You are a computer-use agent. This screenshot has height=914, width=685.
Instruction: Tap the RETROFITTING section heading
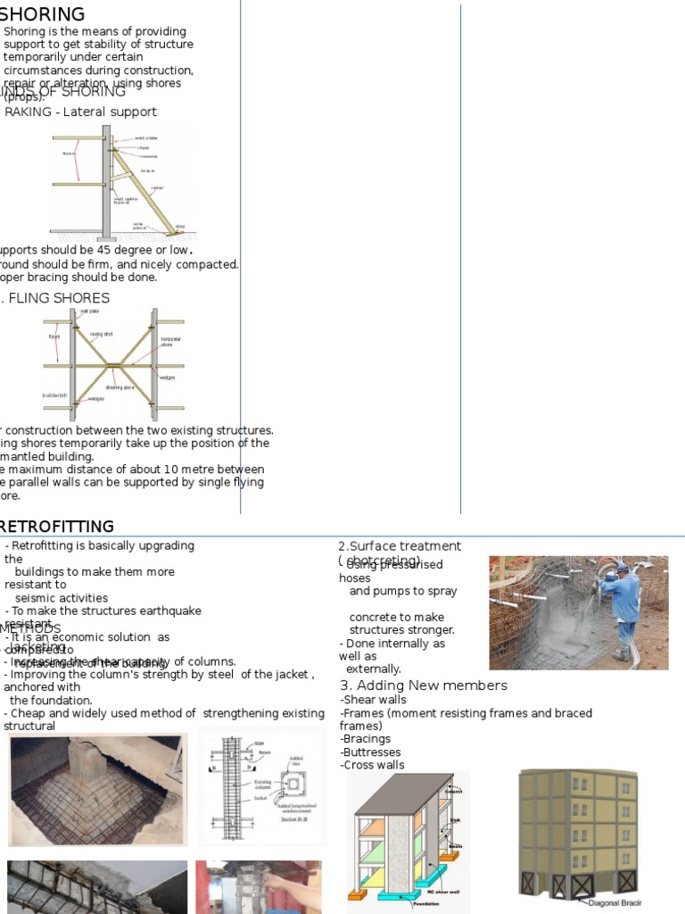coord(57,526)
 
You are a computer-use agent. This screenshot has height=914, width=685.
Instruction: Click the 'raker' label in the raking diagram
coord(157,188)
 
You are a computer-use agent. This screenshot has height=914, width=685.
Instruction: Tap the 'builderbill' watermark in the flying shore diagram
coord(55,395)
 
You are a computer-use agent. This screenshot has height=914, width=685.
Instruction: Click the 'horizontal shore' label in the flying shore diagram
coord(169,342)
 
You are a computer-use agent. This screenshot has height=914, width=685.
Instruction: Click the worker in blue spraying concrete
coord(627,607)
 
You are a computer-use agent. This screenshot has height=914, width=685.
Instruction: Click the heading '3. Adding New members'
coord(424,685)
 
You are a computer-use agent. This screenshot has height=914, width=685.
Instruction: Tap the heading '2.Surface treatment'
coord(399,546)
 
